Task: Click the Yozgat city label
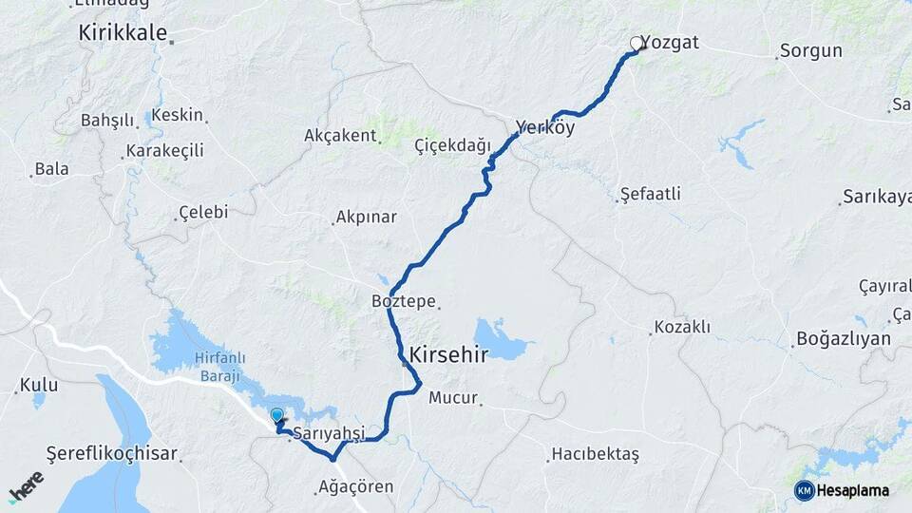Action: (x=672, y=43)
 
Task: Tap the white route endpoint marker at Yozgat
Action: (x=636, y=43)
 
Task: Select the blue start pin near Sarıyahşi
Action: (x=276, y=416)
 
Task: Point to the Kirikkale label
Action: (x=121, y=31)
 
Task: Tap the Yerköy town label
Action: (x=545, y=127)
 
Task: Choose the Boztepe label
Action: (x=404, y=301)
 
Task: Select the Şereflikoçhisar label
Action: (x=113, y=454)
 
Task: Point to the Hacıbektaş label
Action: (x=596, y=455)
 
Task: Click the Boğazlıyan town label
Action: (x=844, y=339)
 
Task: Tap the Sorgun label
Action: (x=810, y=51)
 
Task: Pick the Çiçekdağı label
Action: (x=452, y=145)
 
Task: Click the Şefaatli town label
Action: (x=650, y=194)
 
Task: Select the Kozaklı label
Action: (x=680, y=328)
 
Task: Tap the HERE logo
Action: (x=25, y=486)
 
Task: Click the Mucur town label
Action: (x=453, y=398)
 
